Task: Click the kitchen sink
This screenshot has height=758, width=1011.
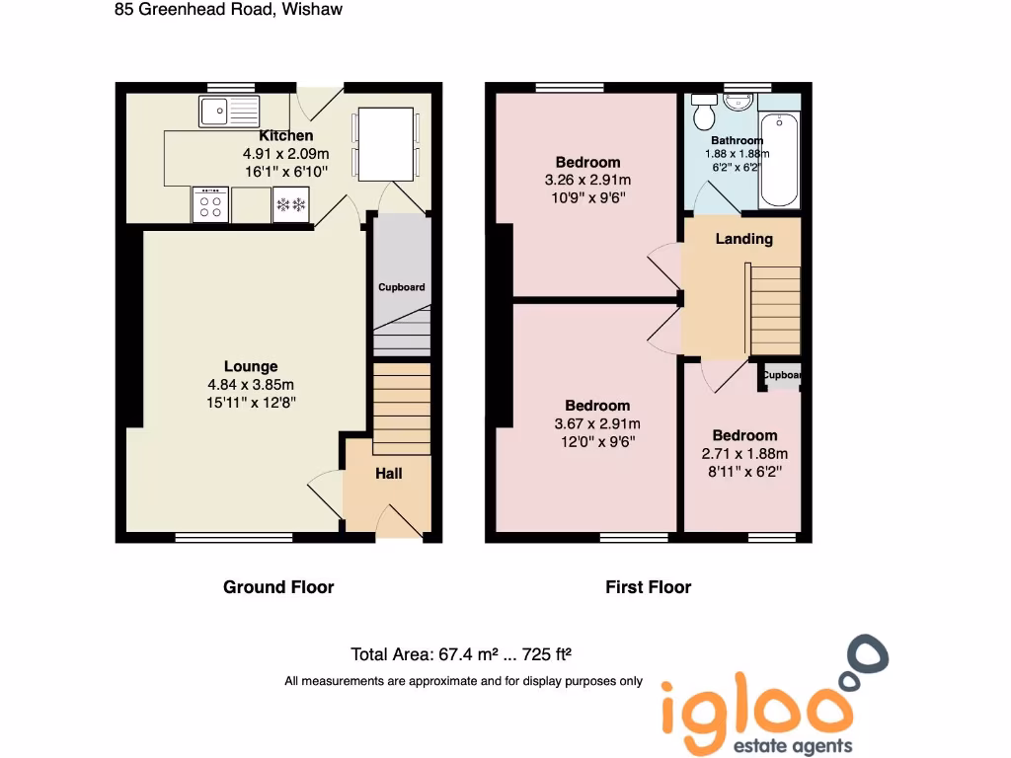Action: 228,111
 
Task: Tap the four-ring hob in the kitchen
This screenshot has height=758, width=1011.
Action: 210,205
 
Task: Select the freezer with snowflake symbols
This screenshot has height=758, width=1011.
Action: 291,205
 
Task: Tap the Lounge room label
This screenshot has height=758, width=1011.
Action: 251,366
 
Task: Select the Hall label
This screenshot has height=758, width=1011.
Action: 389,474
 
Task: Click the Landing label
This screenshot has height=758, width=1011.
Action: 743,239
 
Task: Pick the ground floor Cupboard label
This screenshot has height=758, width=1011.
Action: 402,287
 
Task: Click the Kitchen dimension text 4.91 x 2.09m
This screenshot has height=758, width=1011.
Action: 286,154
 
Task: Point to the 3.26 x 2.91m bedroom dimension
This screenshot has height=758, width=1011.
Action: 587,180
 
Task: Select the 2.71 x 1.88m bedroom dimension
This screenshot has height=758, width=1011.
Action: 744,454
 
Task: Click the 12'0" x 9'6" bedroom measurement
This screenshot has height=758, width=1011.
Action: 597,442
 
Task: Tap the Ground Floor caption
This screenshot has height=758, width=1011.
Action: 278,587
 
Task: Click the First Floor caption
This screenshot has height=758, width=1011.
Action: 648,587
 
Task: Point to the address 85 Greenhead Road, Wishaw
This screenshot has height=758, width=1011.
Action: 229,10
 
